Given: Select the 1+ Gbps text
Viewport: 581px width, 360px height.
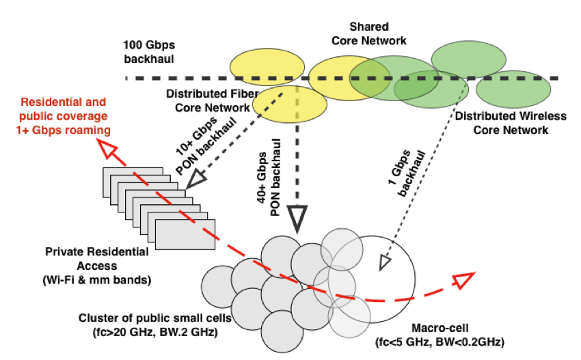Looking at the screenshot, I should [38, 130].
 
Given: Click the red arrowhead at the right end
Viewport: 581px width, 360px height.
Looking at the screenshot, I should [464, 279].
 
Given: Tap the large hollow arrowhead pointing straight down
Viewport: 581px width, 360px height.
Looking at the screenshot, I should [297, 217].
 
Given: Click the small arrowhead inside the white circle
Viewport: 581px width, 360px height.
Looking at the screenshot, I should [385, 262].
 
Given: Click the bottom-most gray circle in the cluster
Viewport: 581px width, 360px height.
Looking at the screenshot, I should [282, 332].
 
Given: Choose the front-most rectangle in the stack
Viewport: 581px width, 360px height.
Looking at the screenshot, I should [185, 235].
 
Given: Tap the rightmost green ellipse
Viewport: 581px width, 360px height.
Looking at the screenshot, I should [514, 90].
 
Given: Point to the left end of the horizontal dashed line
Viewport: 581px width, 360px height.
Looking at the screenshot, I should [127, 79].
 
